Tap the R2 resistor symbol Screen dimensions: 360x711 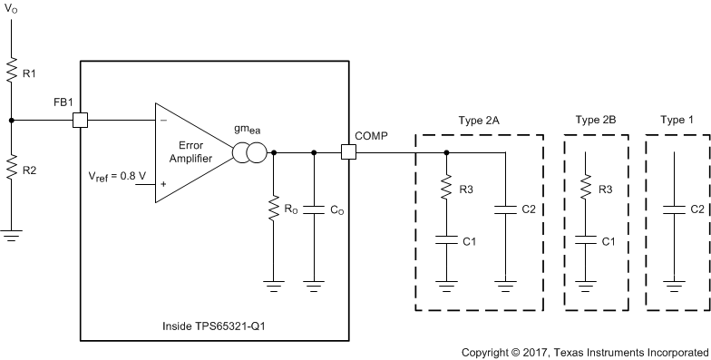point(11,169)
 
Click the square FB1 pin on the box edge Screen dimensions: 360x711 point(81,120)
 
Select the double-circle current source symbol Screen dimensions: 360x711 point(251,152)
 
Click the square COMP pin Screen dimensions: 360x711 point(348,152)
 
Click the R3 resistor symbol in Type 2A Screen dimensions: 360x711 point(447,189)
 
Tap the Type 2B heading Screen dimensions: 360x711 point(596,120)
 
